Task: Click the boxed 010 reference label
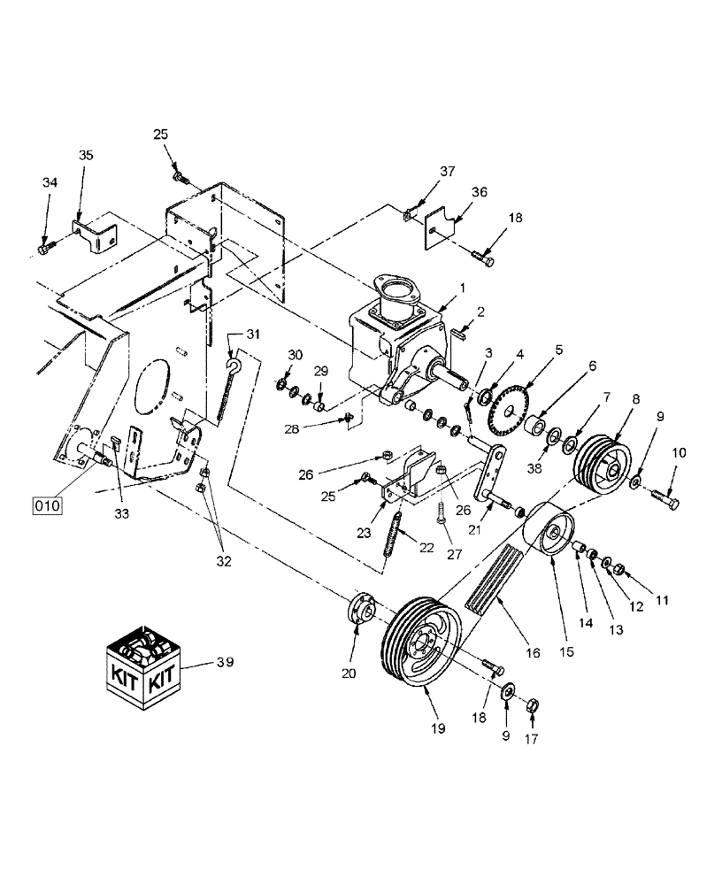(x=47, y=506)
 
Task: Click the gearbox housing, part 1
(x=389, y=341)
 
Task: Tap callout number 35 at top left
(x=85, y=155)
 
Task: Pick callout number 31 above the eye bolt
(x=253, y=334)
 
